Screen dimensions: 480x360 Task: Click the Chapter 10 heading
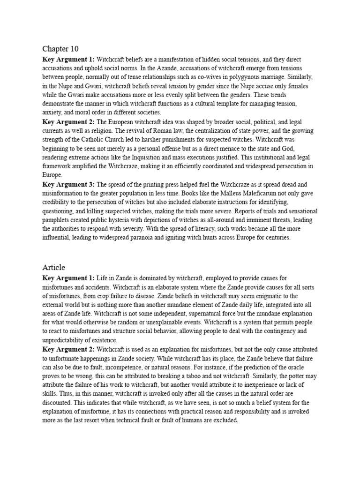point(60,49)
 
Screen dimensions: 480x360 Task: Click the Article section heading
point(53,267)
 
